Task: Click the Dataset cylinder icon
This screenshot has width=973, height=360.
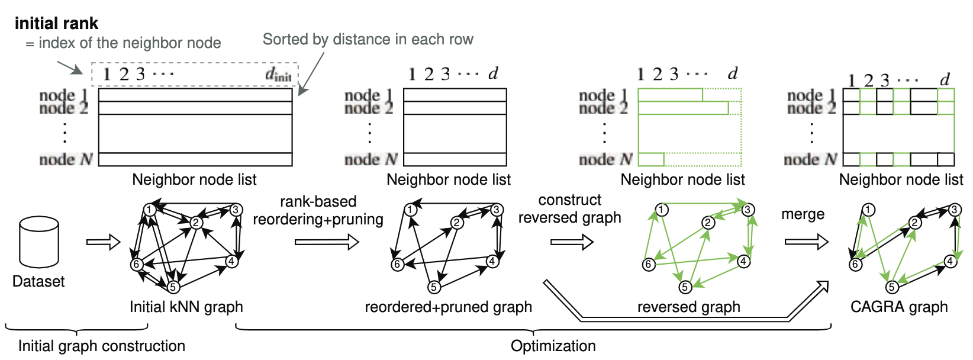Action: pos(39,242)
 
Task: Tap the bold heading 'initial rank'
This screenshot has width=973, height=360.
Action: pos(56,24)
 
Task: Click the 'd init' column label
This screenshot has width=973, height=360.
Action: pos(278,75)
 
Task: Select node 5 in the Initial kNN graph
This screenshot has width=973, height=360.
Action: pos(173,287)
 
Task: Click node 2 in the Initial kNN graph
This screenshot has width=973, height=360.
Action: pos(196,223)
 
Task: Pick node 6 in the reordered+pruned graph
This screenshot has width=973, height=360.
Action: pos(398,265)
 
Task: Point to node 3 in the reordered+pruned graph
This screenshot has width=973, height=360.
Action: pos(497,210)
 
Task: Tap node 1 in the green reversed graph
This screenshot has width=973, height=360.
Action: pos(662,210)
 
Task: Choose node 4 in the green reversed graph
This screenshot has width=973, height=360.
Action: pos(743,261)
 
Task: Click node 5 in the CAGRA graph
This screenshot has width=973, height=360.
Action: pos(892,287)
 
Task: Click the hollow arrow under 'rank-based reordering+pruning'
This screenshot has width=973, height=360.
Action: pos(327,242)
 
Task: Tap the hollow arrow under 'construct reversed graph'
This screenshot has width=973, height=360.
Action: pos(571,242)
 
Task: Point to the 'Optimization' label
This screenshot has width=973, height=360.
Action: pos(553,346)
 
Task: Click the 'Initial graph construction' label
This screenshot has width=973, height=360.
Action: pos(101,346)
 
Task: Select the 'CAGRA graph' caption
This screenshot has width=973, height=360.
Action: pos(898,307)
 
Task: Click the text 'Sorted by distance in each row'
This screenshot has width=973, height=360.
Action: pos(368,40)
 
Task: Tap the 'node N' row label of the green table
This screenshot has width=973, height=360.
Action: pos(605,159)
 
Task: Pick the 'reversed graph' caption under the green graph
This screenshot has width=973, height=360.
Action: pos(688,307)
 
